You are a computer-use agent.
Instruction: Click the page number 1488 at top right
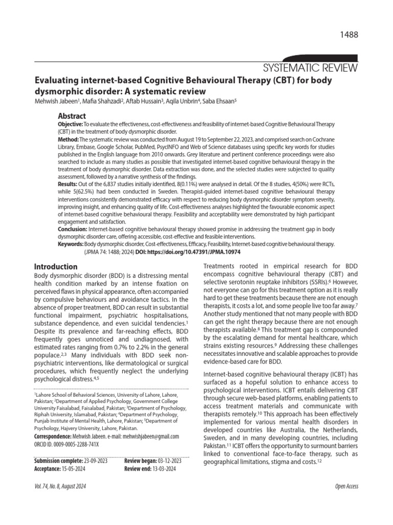tap(347, 34)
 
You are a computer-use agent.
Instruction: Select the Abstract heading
tap(72, 116)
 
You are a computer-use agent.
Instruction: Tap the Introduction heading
tap(55, 267)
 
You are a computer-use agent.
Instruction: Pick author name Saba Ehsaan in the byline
tap(219, 101)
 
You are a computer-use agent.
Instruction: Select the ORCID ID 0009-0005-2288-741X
tap(77, 444)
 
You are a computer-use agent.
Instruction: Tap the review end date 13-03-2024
tap(169, 469)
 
